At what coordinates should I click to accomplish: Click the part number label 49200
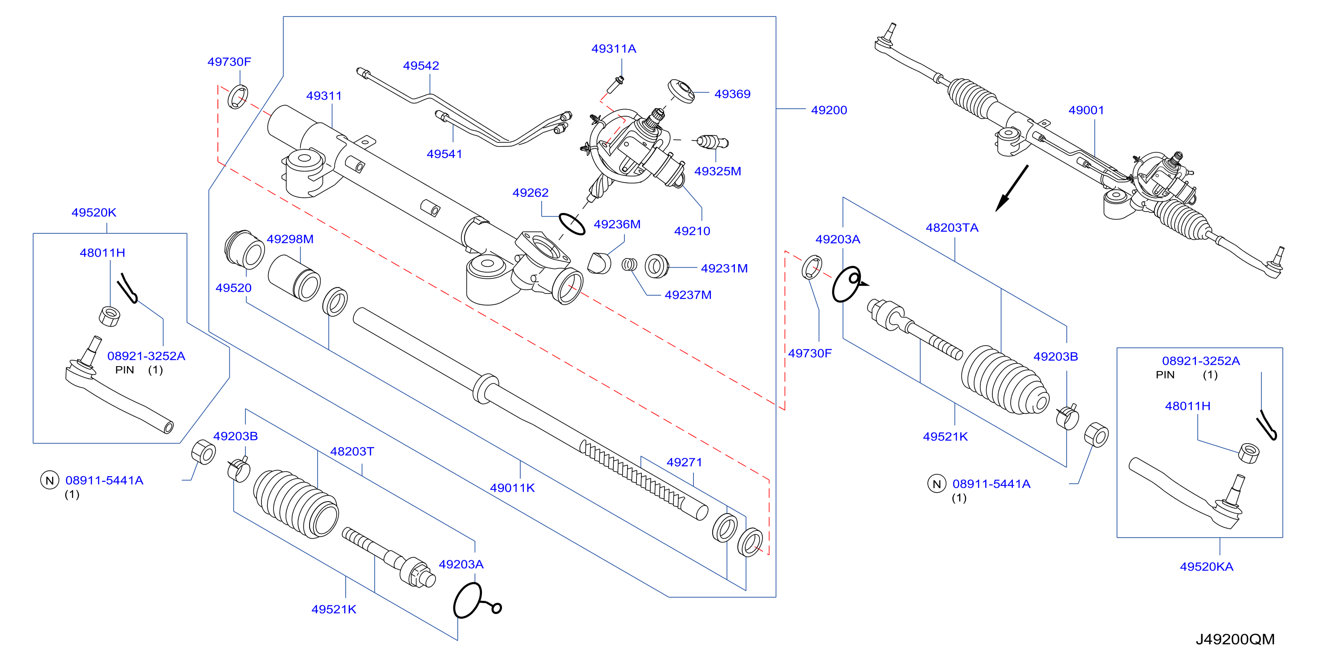point(829,110)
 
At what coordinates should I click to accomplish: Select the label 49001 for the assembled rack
point(1086,110)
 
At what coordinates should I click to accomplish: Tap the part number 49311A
point(614,49)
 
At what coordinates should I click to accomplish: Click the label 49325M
point(718,171)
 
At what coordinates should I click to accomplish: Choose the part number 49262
point(530,192)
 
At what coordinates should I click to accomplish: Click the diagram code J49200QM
point(1235,639)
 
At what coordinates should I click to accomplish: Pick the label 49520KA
point(1206,566)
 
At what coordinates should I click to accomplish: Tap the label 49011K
point(512,488)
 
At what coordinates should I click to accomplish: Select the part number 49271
point(684,462)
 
